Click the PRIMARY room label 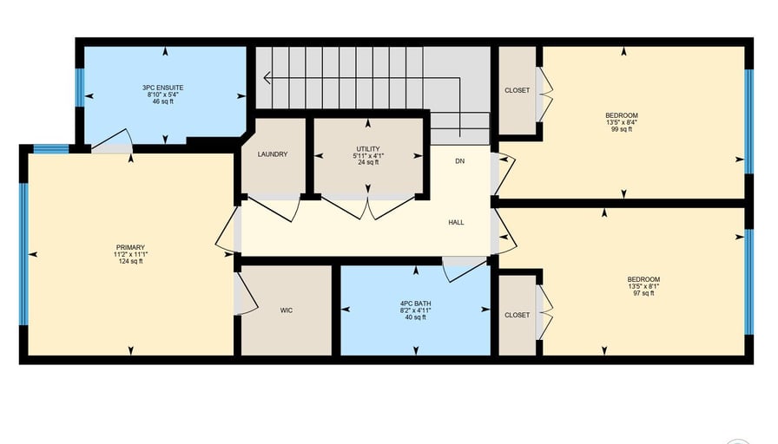tap(130, 247)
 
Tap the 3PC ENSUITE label tap(162, 88)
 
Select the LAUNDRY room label tap(273, 154)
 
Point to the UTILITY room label tap(368, 148)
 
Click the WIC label tap(287, 310)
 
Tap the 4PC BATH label tap(416, 304)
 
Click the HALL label tap(457, 223)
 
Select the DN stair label tap(460, 161)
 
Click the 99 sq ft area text tap(622, 129)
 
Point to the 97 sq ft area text tap(643, 293)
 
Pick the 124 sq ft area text tap(130, 261)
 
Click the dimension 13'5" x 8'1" tap(643, 286)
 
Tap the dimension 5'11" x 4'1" tap(368, 155)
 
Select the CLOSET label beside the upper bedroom tap(517, 90)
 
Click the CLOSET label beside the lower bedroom tap(517, 315)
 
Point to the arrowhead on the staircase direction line tap(267, 78)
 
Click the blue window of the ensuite tap(79, 88)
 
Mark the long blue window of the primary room tap(23, 254)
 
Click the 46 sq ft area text tap(162, 101)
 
